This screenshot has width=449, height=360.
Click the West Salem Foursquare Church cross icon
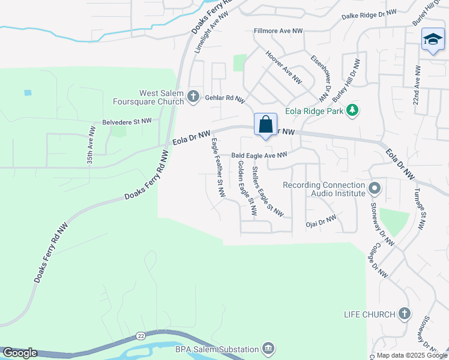pos(193,96)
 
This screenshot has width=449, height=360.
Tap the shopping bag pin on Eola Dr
pos(265,125)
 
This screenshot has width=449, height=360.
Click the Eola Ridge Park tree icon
pos(354,110)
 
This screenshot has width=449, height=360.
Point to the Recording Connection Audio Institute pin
pos(375,189)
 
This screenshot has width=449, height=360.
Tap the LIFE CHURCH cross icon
pos(405,314)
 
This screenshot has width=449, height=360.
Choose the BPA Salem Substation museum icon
pos(268,349)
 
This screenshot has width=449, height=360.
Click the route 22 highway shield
pos(139,335)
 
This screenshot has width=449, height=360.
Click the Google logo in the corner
pos(19,353)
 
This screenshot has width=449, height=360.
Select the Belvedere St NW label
pos(126,121)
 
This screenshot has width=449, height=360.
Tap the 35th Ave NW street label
pos(91,145)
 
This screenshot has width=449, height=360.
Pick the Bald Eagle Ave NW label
pos(259,155)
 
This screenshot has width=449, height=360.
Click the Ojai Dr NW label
pos(321,221)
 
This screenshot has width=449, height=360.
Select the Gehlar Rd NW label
pos(225,99)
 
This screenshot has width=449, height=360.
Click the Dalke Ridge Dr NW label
pos(369,15)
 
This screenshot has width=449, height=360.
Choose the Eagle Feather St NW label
pos(217,169)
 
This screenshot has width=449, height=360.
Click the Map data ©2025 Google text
pos(411,355)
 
